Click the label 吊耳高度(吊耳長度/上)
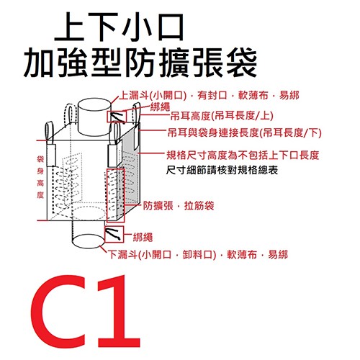tap(219, 116)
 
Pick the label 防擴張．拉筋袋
tap(178, 204)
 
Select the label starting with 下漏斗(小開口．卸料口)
tap(198, 254)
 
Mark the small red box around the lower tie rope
tap(115, 235)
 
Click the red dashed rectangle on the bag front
tap(115, 194)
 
